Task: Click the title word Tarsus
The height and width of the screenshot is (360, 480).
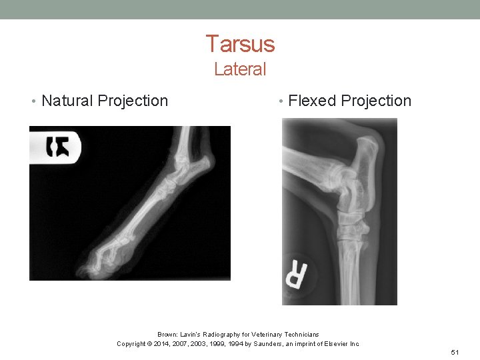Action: (x=240, y=44)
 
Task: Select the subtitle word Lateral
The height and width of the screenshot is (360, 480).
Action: (x=240, y=69)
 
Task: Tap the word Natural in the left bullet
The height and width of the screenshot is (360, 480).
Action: (x=67, y=101)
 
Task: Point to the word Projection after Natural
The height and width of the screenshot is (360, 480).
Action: (x=133, y=101)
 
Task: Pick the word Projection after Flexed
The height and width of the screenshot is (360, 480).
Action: (x=376, y=101)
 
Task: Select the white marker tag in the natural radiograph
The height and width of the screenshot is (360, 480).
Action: (x=56, y=145)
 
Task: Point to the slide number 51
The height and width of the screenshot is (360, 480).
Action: (x=455, y=351)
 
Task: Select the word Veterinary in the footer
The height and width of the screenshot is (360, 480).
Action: (x=261, y=334)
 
